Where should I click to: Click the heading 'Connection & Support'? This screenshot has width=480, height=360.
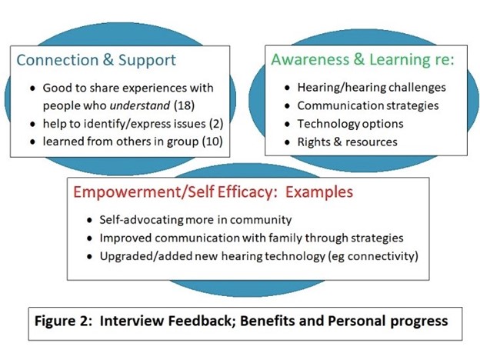[96, 60]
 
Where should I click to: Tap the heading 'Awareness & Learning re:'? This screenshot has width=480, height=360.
[362, 60]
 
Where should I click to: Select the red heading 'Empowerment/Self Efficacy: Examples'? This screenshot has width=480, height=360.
[213, 192]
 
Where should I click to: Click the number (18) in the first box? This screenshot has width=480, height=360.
[185, 105]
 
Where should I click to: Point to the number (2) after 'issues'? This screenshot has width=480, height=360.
[216, 124]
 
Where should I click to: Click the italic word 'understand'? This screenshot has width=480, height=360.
[139, 105]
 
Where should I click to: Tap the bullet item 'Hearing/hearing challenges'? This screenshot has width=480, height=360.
[372, 88]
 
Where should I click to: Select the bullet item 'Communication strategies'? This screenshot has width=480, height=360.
[368, 106]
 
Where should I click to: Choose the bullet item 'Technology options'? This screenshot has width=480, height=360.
[350, 124]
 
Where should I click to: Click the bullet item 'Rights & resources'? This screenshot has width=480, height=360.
[347, 142]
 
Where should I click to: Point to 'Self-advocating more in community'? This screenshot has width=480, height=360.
[195, 220]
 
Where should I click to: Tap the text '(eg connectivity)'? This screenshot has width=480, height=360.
[373, 256]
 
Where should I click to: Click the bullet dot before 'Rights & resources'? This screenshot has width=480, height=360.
[287, 142]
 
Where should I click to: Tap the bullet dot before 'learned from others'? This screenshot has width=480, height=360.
[33, 142]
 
